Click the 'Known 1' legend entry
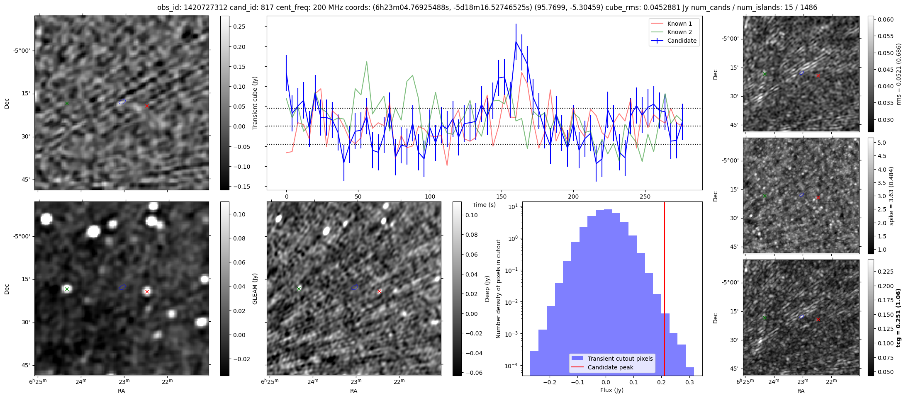pos(679,24)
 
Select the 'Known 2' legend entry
pos(679,32)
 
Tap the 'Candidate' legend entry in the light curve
pos(682,41)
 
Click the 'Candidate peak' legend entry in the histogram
pos(610,367)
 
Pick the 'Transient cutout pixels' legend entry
pos(620,359)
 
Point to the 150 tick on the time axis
pos(502,196)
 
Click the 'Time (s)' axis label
pos(484,205)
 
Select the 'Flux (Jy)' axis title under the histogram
pos(612,390)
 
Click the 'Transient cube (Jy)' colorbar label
pos(255,103)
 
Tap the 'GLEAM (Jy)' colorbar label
pos(255,289)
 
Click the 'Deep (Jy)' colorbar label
pos(487,289)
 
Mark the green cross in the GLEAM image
pos(67,289)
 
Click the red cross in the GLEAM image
pos(147,291)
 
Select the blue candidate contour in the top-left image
pos(122,101)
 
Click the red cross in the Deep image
pos(379,291)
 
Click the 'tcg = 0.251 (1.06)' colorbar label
pos(899,318)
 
